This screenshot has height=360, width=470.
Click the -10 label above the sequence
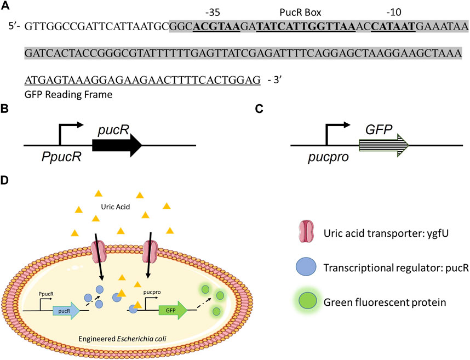click(389, 10)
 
